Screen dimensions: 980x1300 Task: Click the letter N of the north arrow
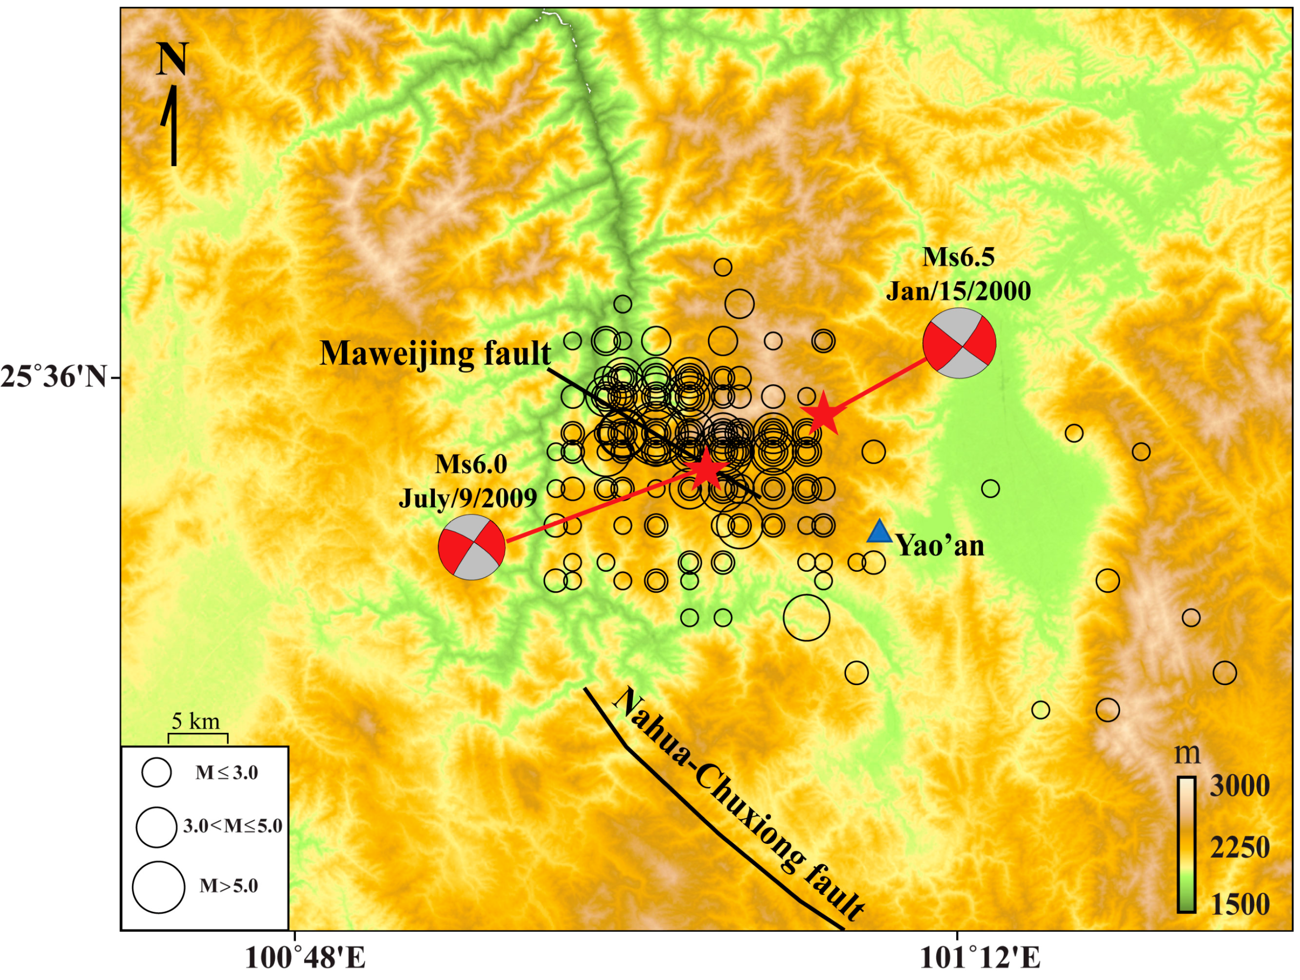click(171, 59)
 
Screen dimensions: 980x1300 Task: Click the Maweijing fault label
click(435, 354)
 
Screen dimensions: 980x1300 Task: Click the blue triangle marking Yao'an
click(880, 532)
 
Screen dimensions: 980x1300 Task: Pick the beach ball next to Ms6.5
click(959, 343)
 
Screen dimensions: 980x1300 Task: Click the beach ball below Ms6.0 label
click(472, 548)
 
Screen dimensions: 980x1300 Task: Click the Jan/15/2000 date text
click(958, 291)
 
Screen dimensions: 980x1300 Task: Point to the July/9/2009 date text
click(468, 498)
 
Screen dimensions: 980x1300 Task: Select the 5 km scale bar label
click(196, 721)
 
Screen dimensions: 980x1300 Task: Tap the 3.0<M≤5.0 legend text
click(233, 826)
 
